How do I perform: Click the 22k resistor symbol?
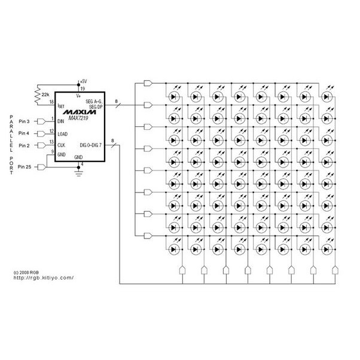point(38,94)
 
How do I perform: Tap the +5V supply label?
point(83,81)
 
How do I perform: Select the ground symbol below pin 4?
point(78,173)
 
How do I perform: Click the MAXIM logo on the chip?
point(80,112)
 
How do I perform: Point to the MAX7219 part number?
point(78,118)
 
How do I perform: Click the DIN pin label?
point(61,121)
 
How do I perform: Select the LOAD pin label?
point(62,134)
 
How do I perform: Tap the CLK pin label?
point(62,145)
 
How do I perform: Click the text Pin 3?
point(24,121)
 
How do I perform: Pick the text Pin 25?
point(25,167)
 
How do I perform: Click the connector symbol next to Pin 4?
point(41,133)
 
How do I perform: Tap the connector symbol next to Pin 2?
point(41,145)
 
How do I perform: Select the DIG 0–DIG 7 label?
point(91,145)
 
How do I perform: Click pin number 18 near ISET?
point(51,102)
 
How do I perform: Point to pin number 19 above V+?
point(83,89)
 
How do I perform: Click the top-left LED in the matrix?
point(174,97)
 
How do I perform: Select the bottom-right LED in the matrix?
point(327,249)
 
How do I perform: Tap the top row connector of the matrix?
point(148,83)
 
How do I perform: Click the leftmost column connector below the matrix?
point(182,270)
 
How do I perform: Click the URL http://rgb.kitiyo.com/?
point(44,278)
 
